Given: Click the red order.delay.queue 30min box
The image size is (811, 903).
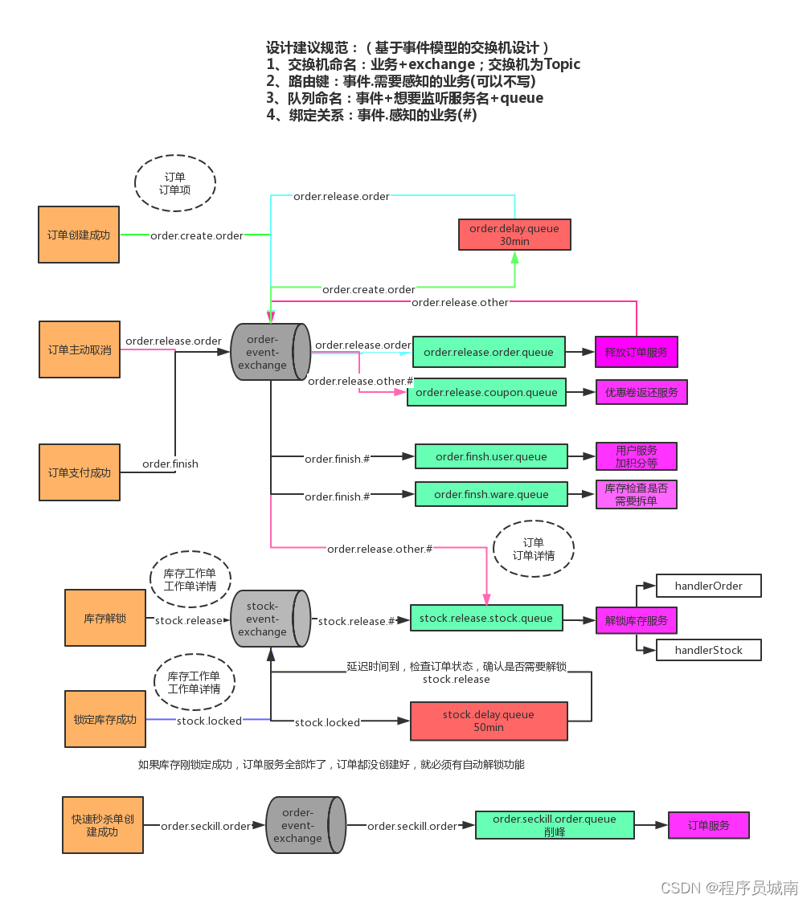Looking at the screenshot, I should point(514,235).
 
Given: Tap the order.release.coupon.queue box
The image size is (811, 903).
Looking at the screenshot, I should point(486,392).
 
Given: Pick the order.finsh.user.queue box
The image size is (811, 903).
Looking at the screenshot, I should point(491,456).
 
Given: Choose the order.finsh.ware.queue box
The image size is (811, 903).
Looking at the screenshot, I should point(491,494).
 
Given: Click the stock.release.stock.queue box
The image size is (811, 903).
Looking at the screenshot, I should point(486,618).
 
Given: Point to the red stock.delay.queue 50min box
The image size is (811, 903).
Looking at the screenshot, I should point(488,721).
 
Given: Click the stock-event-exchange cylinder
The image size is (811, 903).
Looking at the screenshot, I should point(270,619).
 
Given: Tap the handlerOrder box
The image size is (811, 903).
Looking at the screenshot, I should point(708,586).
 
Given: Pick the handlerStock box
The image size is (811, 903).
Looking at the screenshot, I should point(708,650).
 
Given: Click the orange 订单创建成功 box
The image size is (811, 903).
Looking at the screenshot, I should point(79,235).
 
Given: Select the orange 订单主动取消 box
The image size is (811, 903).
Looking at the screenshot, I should point(79,349).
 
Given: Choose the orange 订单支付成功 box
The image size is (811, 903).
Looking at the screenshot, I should point(79,472).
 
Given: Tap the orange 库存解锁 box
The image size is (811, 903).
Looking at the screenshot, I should point(105,619).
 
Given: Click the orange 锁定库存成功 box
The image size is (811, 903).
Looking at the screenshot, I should point(105,719).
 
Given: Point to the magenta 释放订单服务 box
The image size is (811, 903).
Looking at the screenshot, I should point(636,352).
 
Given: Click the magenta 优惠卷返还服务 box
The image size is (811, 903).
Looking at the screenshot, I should point(641,392).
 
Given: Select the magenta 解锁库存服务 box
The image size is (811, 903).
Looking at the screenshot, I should point(636,620).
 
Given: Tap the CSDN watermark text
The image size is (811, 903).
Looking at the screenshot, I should point(729,887).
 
